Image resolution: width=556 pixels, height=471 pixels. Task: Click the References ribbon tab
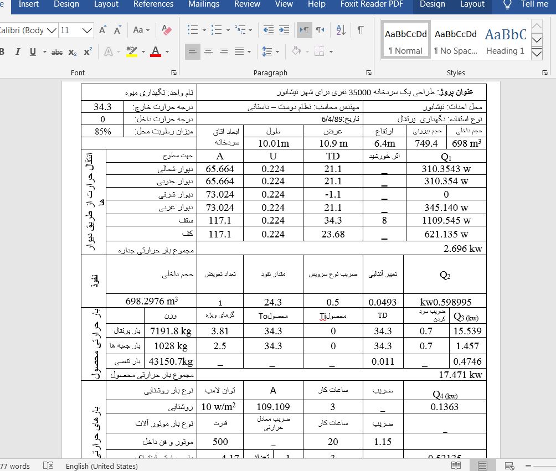pos(153,4)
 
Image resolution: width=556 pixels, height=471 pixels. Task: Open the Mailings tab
pos(203,4)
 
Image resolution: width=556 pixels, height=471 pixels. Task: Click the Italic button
pos(18,52)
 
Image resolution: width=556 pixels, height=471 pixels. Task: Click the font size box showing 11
pos(69,30)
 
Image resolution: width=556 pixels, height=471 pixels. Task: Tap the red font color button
pos(156,52)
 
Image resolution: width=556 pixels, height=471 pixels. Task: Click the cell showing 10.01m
pos(274,143)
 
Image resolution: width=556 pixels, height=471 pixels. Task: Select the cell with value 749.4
pos(426,143)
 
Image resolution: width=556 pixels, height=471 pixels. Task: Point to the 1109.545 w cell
pos(446,220)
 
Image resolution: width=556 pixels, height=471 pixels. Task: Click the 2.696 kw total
pos(463,249)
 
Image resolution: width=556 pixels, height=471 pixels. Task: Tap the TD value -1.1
pos(333,194)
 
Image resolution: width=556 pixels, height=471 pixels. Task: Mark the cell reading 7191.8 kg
pos(171,331)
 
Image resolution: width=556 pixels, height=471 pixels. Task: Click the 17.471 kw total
pos(460,375)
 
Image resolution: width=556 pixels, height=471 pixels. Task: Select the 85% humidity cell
pos(103,132)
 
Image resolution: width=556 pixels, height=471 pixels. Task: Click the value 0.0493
pos(383,302)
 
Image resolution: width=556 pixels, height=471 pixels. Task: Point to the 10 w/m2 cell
pos(218,407)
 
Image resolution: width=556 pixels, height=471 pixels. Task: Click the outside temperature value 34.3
pos(103,107)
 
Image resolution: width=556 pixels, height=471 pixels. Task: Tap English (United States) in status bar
pos(101,466)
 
